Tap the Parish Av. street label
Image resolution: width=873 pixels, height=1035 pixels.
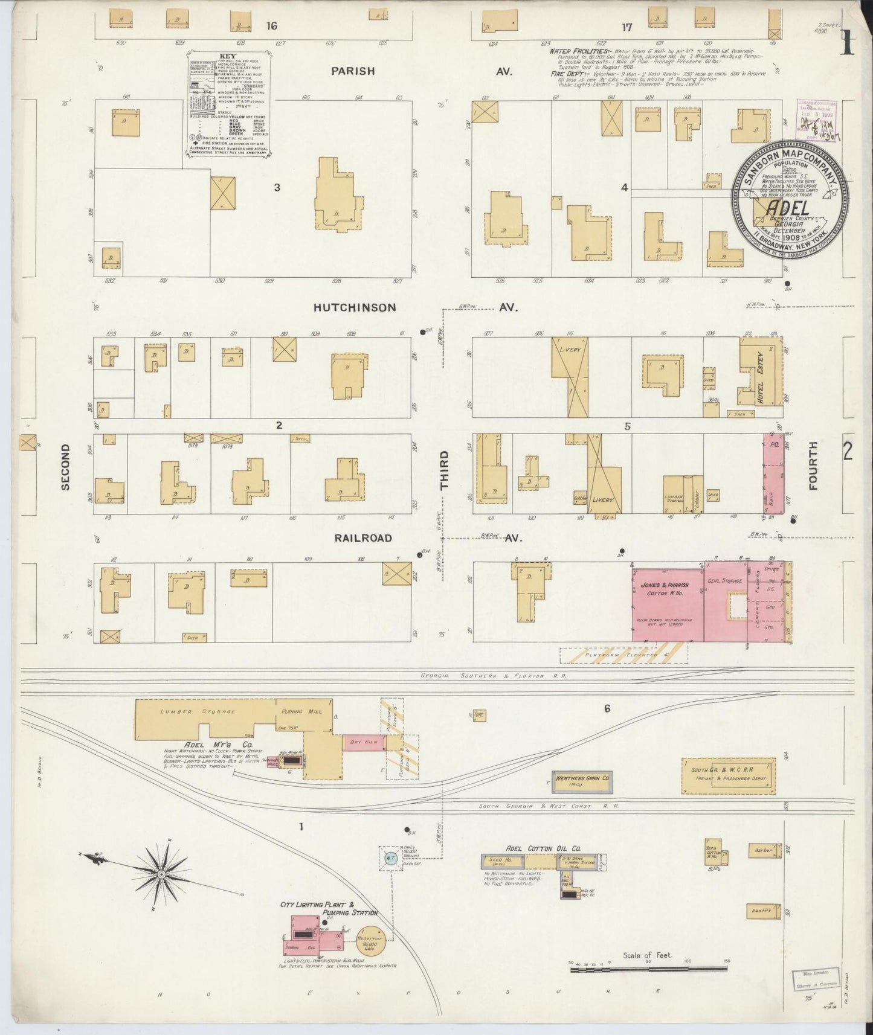(x=353, y=71)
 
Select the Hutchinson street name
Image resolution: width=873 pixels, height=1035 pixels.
(x=355, y=307)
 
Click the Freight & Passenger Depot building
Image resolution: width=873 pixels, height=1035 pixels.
(x=728, y=776)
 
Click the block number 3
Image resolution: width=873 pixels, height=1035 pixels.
(x=277, y=187)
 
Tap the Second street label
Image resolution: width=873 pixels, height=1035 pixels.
(x=65, y=467)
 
